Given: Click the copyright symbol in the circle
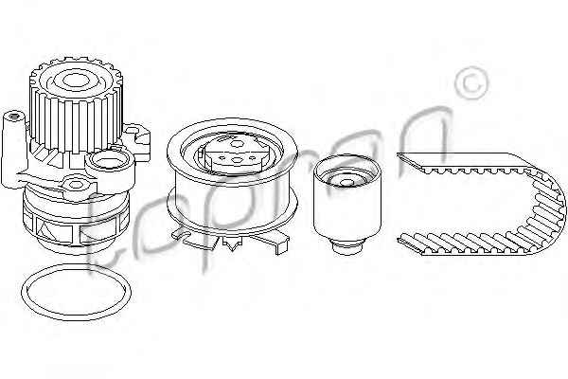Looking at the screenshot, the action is point(472,83).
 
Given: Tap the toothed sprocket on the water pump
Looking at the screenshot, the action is point(76,105).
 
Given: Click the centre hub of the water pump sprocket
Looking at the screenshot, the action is point(75,81).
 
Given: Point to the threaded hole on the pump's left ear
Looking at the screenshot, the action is point(13,117).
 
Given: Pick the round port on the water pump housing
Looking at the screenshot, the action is point(108,161).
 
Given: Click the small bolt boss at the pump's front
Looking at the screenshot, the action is point(76,184).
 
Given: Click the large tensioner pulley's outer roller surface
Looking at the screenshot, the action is point(232,203).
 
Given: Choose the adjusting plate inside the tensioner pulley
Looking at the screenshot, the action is point(236,155).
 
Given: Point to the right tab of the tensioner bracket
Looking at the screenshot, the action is point(275,243).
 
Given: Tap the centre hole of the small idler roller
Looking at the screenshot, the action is point(347,183).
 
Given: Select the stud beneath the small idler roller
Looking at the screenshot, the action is point(347,247).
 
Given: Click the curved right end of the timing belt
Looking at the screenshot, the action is point(547,207).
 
